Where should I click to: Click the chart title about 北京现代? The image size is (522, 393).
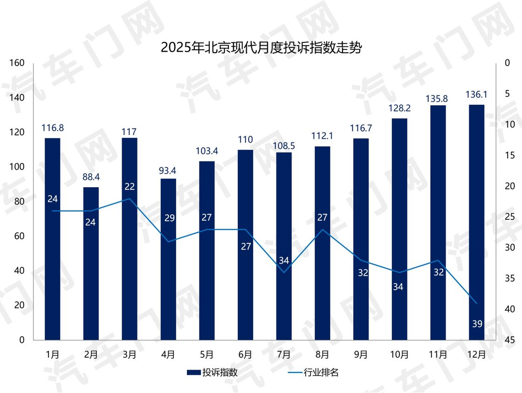[261, 48]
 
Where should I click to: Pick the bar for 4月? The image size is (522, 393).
[168, 279]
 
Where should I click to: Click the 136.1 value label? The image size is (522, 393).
[476, 95]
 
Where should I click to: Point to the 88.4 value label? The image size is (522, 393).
[91, 177]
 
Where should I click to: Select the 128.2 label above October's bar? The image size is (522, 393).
[399, 108]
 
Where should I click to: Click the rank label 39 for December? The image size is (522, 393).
[477, 324]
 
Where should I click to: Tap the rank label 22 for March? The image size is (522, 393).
[130, 187]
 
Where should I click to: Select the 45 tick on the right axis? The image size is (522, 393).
[509, 340]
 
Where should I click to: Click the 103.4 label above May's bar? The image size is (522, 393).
[206, 151]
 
